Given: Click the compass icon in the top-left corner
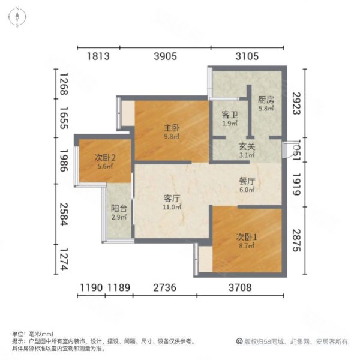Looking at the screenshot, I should (19, 16).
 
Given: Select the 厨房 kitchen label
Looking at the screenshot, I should (266, 100).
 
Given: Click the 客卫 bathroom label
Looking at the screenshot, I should (230, 114).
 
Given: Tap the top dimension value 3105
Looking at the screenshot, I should (247, 57).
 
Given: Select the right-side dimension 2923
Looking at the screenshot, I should (295, 104).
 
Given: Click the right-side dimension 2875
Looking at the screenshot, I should (295, 238).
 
